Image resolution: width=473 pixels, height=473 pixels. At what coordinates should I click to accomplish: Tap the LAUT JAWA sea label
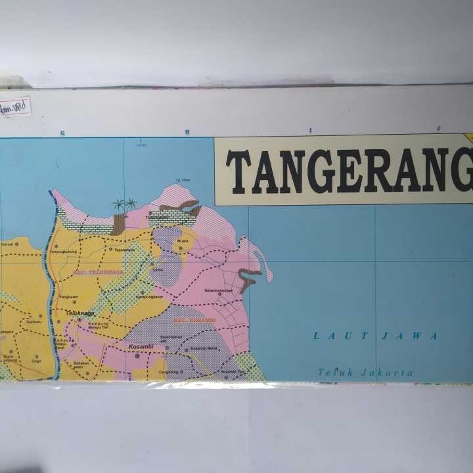pyautogui.click(x=375, y=336)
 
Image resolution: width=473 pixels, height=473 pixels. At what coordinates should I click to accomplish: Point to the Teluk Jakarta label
pyautogui.click(x=365, y=372)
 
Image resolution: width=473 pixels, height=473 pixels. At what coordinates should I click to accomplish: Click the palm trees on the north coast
pyautogui.click(x=124, y=204)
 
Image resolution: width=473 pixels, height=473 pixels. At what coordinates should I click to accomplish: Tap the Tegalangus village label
pyautogui.click(x=124, y=250)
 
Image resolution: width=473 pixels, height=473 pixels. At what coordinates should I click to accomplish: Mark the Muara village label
pyautogui.click(x=182, y=241)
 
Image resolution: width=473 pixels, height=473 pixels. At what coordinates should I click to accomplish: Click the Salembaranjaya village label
pyautogui.click(x=219, y=290)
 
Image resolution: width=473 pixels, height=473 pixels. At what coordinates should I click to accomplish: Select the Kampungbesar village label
pyautogui.click(x=148, y=296)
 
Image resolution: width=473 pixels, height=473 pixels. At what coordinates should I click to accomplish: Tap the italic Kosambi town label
pyautogui.click(x=141, y=346)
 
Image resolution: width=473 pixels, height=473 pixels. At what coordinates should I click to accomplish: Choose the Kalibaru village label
pyautogui.click(x=34, y=322)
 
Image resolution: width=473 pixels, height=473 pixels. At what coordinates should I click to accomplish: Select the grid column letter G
pyautogui.click(x=62, y=133)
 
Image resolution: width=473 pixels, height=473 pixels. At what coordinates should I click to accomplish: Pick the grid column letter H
pyautogui.click(x=187, y=132)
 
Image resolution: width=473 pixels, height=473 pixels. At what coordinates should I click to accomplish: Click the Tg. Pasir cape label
pyautogui.click(x=182, y=180)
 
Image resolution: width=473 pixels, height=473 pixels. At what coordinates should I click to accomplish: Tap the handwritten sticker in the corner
pyautogui.click(x=15, y=106)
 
